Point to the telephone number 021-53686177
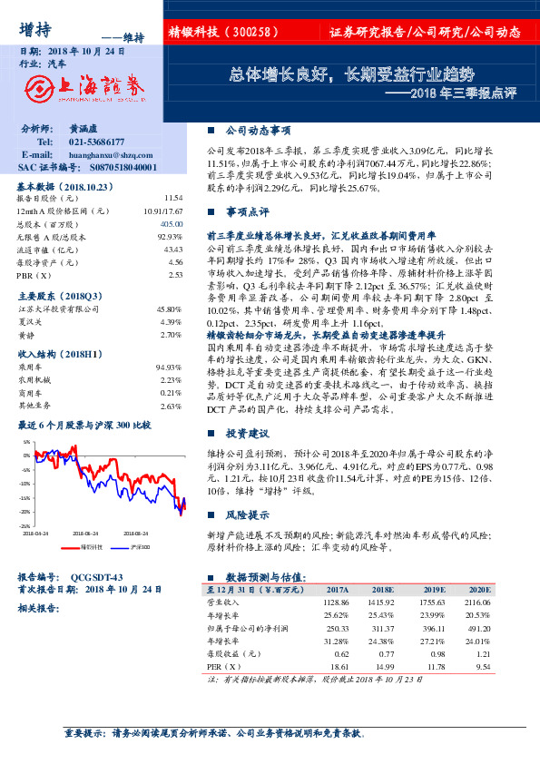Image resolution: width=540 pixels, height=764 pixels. (98, 142)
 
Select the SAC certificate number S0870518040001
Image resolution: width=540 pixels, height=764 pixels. (113, 168)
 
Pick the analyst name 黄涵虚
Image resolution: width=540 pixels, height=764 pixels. (82, 130)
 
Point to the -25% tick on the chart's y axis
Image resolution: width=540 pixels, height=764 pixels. (26, 525)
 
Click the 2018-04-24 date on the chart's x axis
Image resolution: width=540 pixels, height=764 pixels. (37, 534)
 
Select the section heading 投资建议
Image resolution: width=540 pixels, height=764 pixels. (247, 433)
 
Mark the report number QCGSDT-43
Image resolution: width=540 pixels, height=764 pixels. (96, 576)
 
